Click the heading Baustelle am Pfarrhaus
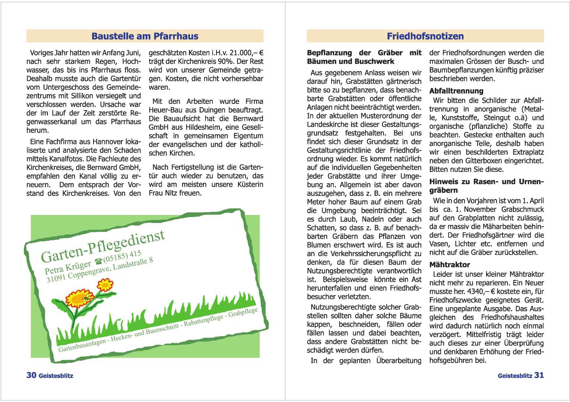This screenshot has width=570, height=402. (145, 36)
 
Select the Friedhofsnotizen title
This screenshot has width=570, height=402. (425, 36)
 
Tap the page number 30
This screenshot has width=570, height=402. (31, 375)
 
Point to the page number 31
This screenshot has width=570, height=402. (539, 375)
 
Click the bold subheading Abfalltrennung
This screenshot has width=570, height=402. (456, 91)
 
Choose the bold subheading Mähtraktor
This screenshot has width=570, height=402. (449, 265)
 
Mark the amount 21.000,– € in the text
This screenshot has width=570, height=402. (247, 53)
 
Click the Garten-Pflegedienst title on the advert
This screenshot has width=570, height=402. (102, 246)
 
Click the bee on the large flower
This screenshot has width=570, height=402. (86, 297)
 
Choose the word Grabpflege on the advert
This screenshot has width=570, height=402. (243, 312)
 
